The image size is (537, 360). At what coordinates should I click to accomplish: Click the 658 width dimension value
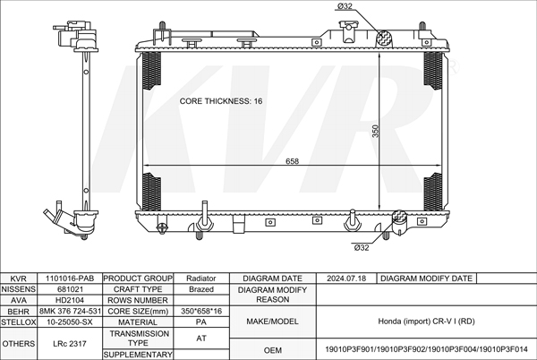[x=292, y=160]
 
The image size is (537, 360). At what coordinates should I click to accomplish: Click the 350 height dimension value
[x=375, y=131]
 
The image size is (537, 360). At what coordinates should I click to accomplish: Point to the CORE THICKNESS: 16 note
[x=221, y=101]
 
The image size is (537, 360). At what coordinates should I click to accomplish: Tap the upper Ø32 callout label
[x=345, y=6]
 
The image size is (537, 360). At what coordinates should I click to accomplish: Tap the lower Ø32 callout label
[x=362, y=247]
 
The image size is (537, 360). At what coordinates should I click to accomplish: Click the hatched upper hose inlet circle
[x=385, y=39]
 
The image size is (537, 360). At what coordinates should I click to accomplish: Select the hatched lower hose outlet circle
[x=399, y=217]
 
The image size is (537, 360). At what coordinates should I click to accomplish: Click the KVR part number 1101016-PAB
[x=70, y=279]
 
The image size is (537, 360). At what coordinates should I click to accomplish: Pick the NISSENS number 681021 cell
[x=70, y=289]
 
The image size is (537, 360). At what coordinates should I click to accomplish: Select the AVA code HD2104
[x=70, y=300]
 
